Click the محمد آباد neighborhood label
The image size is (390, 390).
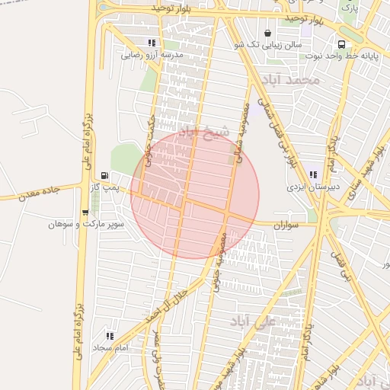coord(289,80)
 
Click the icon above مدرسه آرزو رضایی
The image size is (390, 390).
coord(152,43)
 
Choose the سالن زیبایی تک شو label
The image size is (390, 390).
coord(267,45)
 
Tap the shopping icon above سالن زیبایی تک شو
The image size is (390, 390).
coord(267,34)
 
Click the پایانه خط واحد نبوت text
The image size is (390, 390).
coord(341,56)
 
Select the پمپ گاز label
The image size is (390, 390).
coord(104,187)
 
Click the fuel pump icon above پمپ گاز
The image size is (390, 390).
coord(104,175)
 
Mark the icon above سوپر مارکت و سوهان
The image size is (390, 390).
coord(85,213)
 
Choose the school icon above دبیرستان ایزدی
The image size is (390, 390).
coord(313,174)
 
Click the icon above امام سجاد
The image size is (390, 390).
coord(110,336)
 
